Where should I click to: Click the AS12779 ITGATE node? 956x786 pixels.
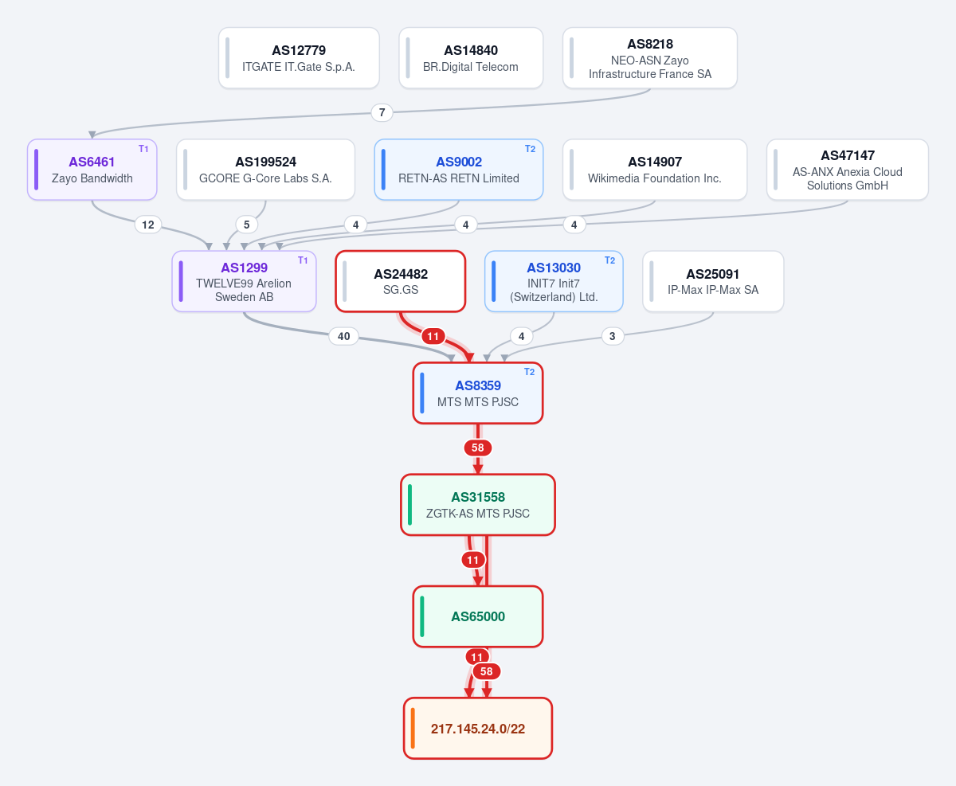pos(299,58)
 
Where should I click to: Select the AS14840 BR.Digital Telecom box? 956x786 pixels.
pos(471,58)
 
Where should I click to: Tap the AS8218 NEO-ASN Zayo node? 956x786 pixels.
pos(650,58)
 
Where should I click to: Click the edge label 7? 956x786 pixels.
pos(382,112)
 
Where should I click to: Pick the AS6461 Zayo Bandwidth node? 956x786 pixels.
pos(92,170)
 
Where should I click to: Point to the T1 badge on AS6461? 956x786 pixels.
pos(143,149)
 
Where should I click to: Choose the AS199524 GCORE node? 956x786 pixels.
pos(265,170)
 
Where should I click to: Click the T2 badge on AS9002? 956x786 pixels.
pos(530,149)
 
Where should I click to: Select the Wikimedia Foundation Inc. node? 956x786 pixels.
pos(655,170)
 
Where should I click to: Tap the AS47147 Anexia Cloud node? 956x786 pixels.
pos(847,170)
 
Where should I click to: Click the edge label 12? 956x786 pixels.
pos(147,225)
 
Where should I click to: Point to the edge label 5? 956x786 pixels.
pos(247,225)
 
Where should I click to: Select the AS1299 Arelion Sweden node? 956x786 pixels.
pos(244,281)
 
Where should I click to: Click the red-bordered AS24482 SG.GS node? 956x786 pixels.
pos(401,281)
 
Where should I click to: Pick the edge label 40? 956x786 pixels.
pos(343,336)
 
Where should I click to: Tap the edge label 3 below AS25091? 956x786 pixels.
pos(613,336)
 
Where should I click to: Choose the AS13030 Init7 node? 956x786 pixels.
pos(554,281)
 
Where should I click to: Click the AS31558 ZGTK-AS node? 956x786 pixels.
pos(478,505)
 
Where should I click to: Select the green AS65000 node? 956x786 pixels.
pos(478,616)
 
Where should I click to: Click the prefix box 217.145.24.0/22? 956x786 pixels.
pos(478,729)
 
